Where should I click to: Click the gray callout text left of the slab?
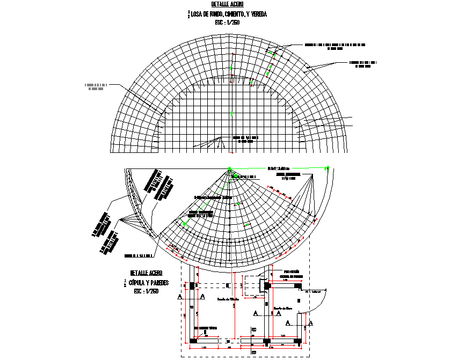tap(96, 86)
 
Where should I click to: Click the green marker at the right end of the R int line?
tap(326, 168)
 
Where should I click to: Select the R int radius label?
tap(278, 167)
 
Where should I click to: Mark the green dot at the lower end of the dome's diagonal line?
tap(185, 223)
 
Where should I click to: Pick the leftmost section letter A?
tap(179, 296)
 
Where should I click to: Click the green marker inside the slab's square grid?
tap(231, 113)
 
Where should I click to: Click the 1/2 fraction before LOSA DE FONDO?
tap(189, 14)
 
